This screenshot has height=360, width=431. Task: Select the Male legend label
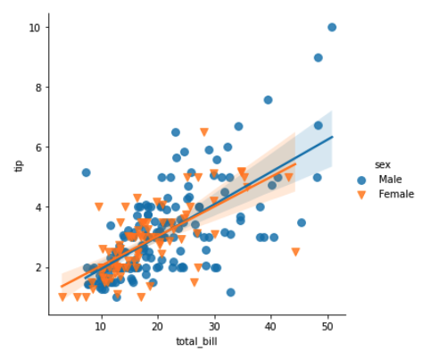tap(390, 180)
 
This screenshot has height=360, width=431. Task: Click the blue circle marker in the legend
tap(362, 180)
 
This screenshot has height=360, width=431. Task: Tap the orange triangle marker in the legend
tap(362, 194)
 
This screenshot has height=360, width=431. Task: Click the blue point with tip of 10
tap(332, 28)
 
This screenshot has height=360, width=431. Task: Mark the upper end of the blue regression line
tap(332, 137)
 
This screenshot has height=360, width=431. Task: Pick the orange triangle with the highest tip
tap(204, 132)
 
